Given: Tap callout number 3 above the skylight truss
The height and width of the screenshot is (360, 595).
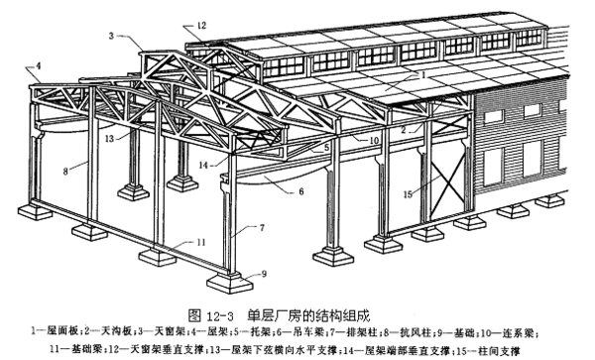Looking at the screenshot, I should point(115,35).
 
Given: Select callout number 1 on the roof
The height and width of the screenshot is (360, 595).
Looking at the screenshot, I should point(422,73).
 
